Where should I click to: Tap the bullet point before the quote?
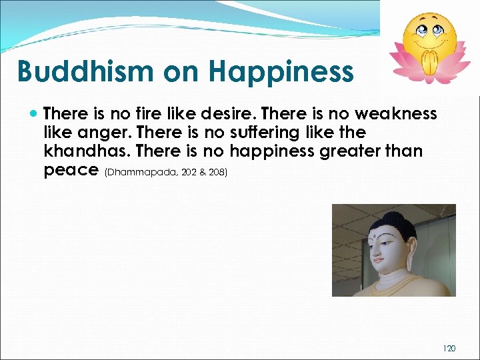click(x=34, y=114)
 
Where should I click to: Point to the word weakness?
click(x=397, y=113)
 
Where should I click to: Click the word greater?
click(x=355, y=151)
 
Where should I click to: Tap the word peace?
click(x=71, y=170)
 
